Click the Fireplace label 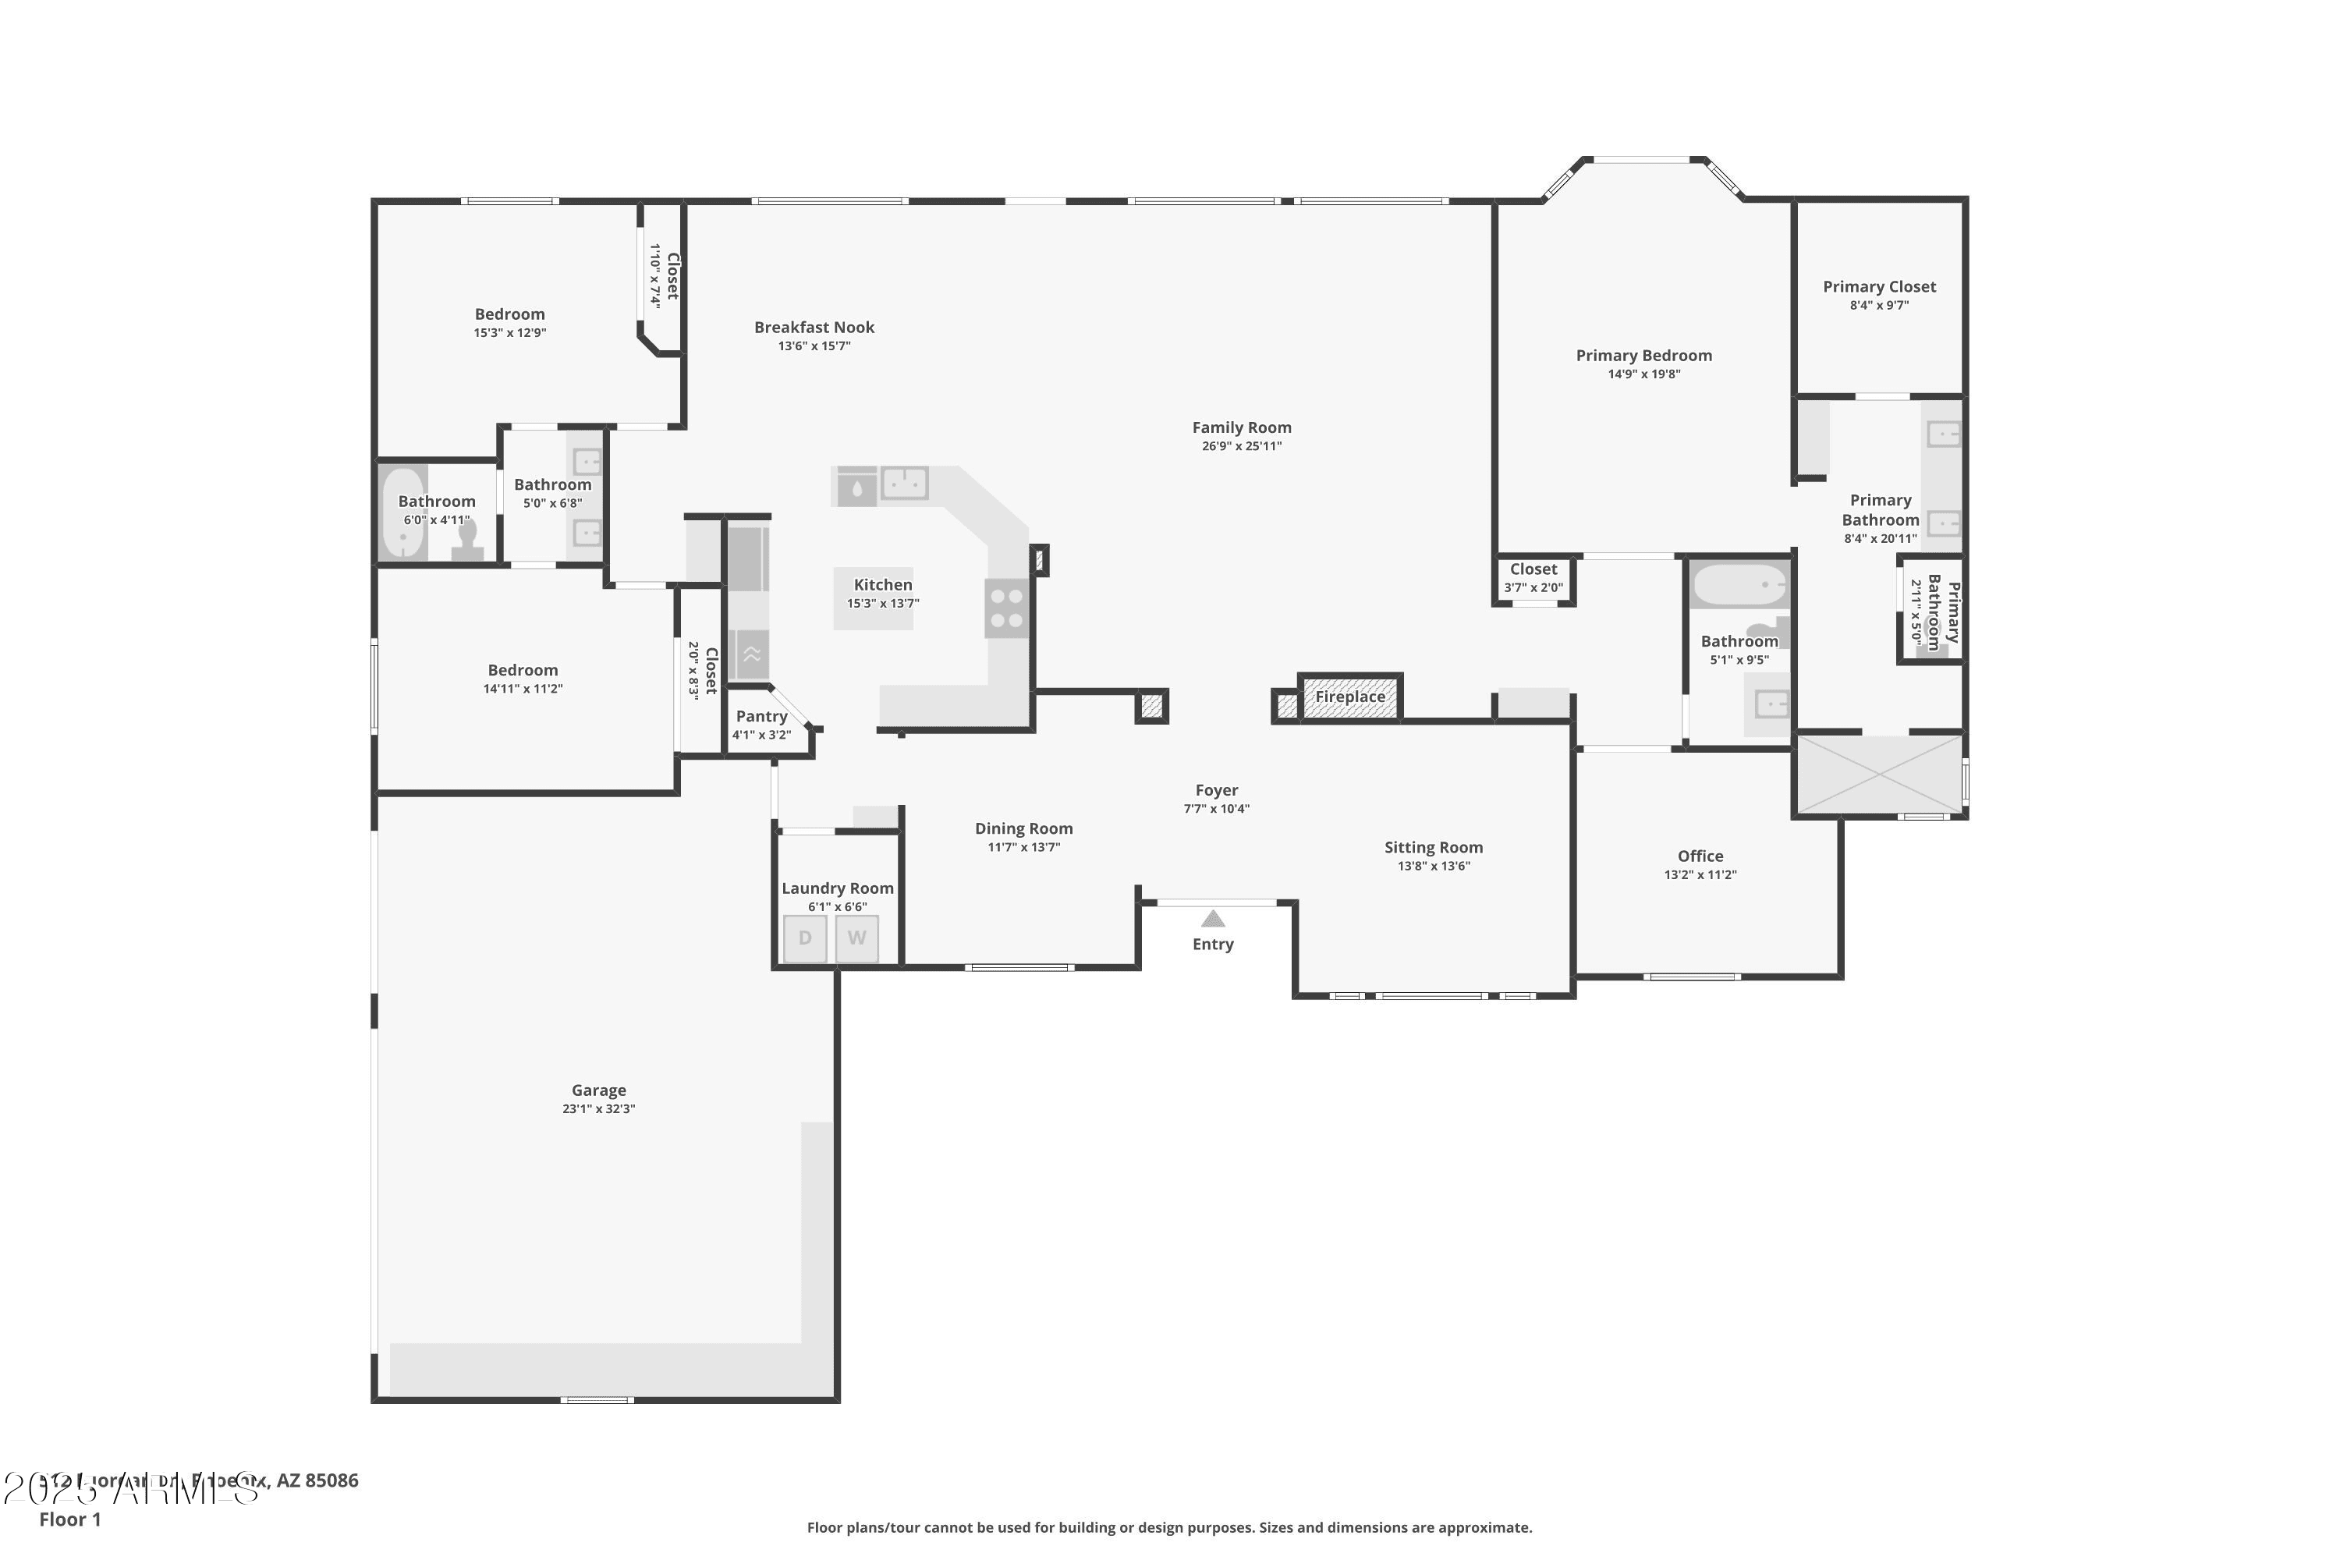pos(1350,697)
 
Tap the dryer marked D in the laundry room pos(805,939)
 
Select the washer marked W pos(856,939)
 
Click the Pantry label pos(761,716)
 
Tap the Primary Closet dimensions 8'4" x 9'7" pos(1878,306)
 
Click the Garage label pos(598,1090)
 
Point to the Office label pos(1700,856)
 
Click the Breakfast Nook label pos(814,328)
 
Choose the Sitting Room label pos(1433,848)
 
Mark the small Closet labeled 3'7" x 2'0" pos(1533,578)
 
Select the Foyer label pos(1216,790)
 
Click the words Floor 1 pos(69,1519)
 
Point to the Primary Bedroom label pos(1643,355)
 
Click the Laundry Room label pos(837,888)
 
